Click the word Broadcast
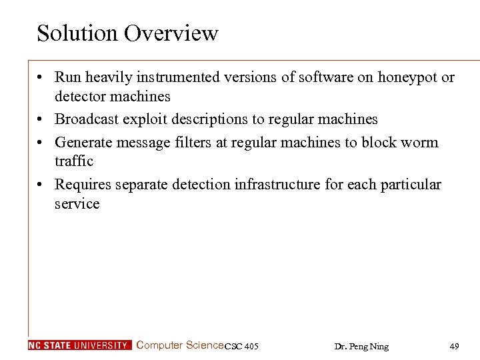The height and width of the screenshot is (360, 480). (85, 119)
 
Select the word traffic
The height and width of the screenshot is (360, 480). (74, 161)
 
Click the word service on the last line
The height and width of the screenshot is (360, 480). (77, 203)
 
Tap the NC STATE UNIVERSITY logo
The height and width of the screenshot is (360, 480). (79, 345)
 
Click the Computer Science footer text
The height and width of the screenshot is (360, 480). (180, 345)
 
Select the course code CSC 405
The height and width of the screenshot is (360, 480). (241, 346)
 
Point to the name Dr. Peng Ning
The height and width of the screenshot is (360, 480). (361, 346)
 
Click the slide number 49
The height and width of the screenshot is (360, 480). (454, 346)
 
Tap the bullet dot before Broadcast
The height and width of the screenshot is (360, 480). (41, 120)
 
